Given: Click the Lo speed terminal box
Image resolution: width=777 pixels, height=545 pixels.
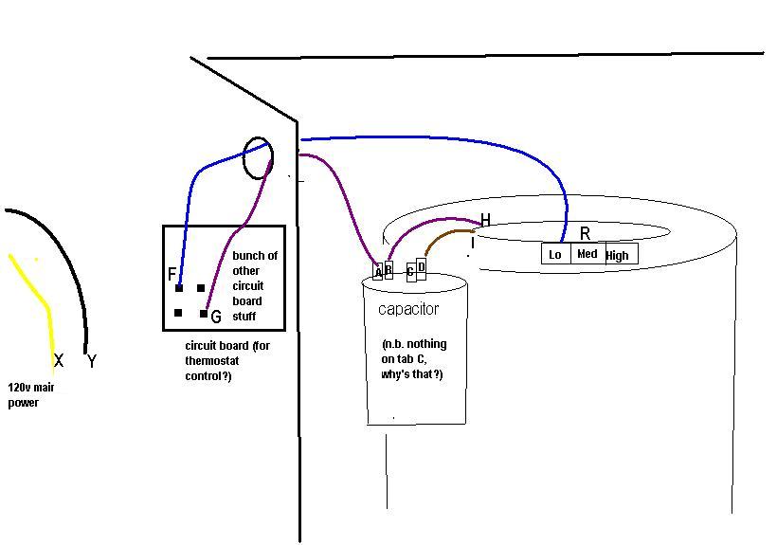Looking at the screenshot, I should point(555,254).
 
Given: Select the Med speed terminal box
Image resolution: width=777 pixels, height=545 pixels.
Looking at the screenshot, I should point(587,254).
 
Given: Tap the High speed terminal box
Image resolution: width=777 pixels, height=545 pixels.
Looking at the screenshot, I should point(618,254).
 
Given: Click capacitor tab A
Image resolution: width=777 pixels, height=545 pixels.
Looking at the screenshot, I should point(378,272).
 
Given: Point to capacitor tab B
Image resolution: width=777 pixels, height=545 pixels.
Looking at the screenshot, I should point(388,270).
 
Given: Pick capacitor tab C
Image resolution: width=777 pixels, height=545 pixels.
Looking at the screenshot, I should point(410,272).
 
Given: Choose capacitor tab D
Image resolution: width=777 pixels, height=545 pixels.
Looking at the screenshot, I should point(421,268).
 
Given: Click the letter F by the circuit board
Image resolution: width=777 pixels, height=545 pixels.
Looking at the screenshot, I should point(172,275).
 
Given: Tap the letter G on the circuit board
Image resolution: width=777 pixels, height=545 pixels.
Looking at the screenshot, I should point(216,317).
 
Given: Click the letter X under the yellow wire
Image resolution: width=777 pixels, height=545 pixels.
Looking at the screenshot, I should point(59,361).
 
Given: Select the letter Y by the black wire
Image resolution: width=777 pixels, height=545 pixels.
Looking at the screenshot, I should point(91,361).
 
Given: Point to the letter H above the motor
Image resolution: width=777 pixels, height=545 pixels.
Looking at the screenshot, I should point(485,221).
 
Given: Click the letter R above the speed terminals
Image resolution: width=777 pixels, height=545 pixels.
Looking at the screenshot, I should point(585,233).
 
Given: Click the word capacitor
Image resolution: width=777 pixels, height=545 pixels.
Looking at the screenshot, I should point(408,309).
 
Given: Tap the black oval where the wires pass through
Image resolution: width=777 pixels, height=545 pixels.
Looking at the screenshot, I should point(258,158).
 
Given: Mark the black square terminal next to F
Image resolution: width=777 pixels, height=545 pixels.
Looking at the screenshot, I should point(179,288).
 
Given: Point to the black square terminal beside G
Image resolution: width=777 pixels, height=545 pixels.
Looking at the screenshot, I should point(204,314).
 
